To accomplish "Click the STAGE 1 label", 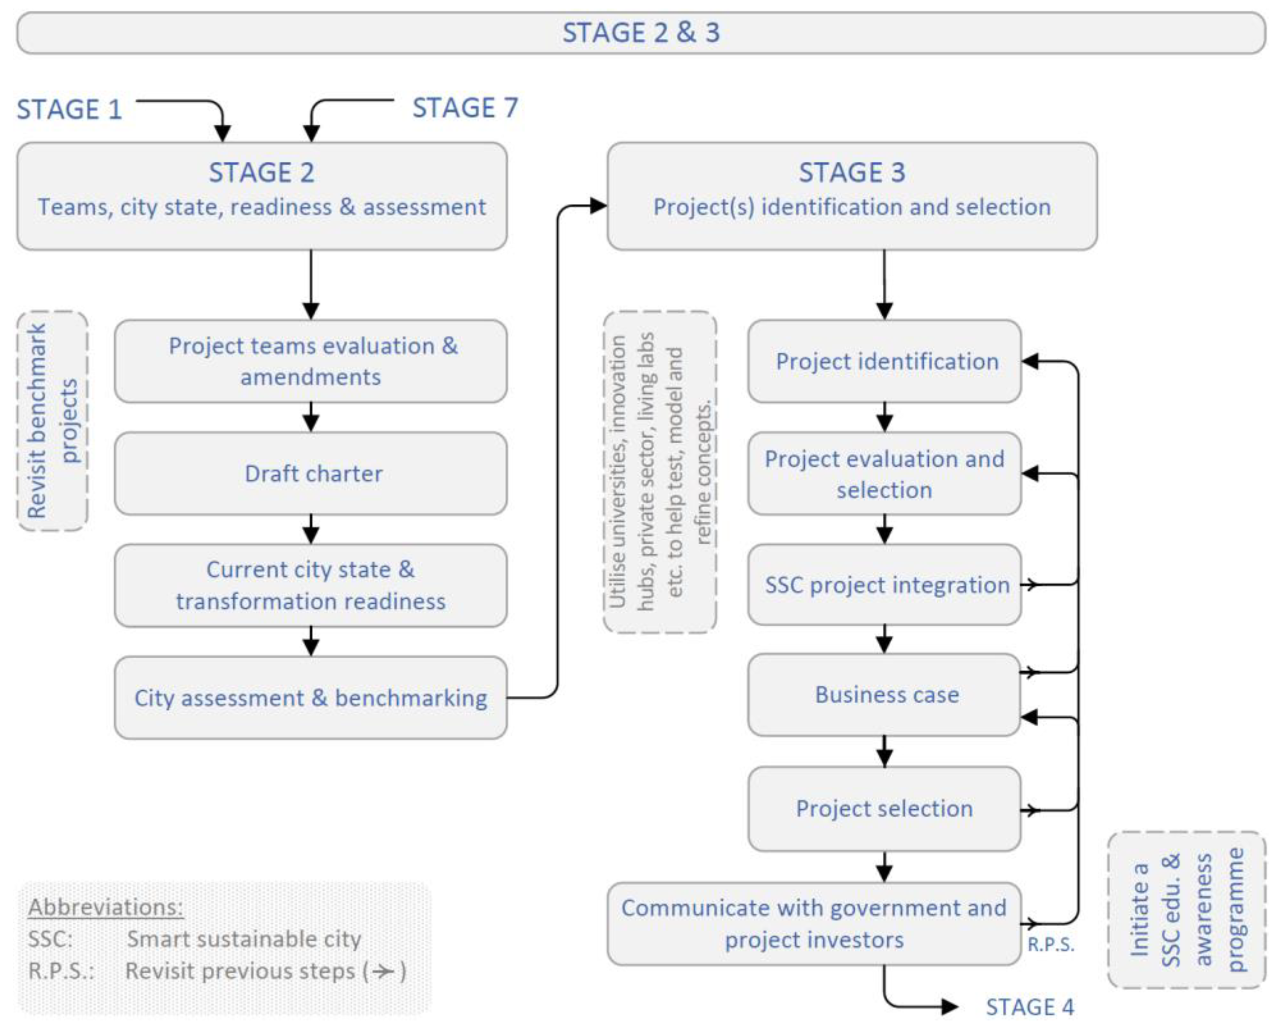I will point(69,109).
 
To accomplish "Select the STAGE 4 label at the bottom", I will point(1030,1007).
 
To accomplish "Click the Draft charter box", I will point(311,474).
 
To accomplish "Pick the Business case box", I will point(885,695).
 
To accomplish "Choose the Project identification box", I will point(885,361).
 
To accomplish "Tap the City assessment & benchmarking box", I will point(311,698).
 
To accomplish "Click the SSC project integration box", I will point(885,585).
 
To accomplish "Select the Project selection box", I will point(885,808).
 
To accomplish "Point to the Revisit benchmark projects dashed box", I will point(53,421).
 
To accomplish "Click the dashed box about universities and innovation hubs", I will point(660,472).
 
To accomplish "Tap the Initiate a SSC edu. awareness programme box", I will point(1186,910).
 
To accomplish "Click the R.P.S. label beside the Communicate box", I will point(1050,945).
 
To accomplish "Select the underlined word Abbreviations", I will point(106,907).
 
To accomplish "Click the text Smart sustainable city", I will point(243,939).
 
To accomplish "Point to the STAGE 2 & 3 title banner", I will point(640,33).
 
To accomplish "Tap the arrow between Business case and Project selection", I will point(885,751).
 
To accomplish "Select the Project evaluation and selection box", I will point(885,474).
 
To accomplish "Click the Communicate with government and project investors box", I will point(814,924).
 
